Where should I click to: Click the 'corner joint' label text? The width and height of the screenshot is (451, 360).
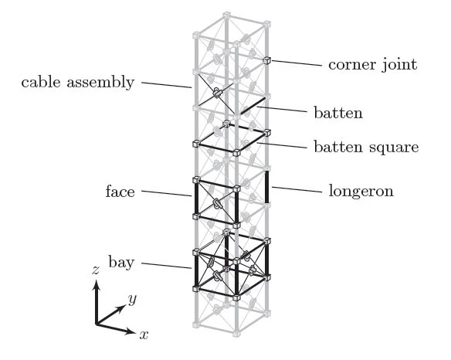coord(372,65)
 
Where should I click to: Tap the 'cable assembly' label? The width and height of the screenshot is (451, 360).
coord(78,83)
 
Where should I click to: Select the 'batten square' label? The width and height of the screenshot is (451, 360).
coord(366,147)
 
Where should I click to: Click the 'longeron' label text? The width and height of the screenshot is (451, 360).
coord(361,192)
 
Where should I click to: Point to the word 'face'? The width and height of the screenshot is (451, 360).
coord(120,192)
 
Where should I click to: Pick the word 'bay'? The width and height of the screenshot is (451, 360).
coord(121,263)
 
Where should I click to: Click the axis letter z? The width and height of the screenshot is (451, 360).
coord(96,270)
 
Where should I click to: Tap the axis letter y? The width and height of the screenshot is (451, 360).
coord(132,300)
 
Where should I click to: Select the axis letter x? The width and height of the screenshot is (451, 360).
coord(144,335)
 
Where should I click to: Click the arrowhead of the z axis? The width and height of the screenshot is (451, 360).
coord(97,285)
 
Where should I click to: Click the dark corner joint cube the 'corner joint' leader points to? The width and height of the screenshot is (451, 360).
coord(267,60)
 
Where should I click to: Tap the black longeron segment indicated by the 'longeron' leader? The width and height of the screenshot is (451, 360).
coord(267,187)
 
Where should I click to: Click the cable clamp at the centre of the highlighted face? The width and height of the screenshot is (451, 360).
coord(216,203)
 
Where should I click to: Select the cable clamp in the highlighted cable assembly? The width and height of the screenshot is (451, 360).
coord(217,93)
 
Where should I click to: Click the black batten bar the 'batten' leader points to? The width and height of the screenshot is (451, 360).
coord(253,106)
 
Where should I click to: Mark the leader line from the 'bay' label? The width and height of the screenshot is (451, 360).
coord(166,266)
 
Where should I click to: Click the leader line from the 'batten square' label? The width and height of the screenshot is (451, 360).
coord(282,145)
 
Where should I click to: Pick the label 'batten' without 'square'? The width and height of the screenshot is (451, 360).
coord(338,113)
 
